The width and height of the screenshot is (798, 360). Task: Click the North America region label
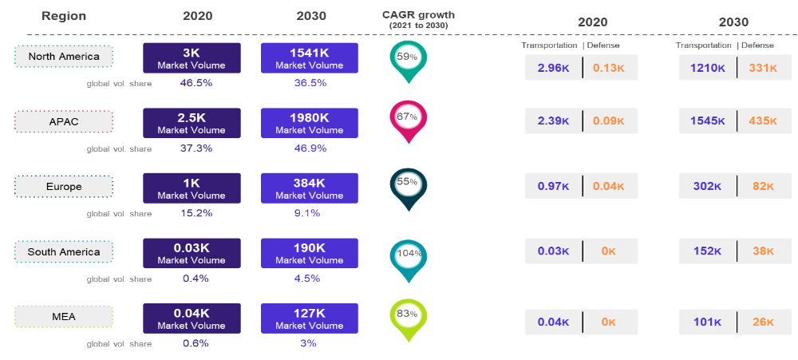(64, 57)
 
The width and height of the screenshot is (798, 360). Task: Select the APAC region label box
(64, 122)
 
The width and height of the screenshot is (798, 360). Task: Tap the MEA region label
(64, 317)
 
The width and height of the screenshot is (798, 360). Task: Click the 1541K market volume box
(309, 58)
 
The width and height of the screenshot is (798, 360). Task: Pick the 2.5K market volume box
(192, 123)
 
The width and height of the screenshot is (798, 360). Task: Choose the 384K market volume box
(309, 188)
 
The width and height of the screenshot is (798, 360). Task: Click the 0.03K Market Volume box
(192, 253)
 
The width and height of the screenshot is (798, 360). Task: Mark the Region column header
(64, 16)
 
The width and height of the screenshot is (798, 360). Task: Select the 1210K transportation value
(708, 69)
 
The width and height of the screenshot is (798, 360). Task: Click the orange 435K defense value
(763, 121)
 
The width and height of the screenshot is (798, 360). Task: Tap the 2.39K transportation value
(553, 121)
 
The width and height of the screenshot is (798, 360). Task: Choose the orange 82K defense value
(763, 186)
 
